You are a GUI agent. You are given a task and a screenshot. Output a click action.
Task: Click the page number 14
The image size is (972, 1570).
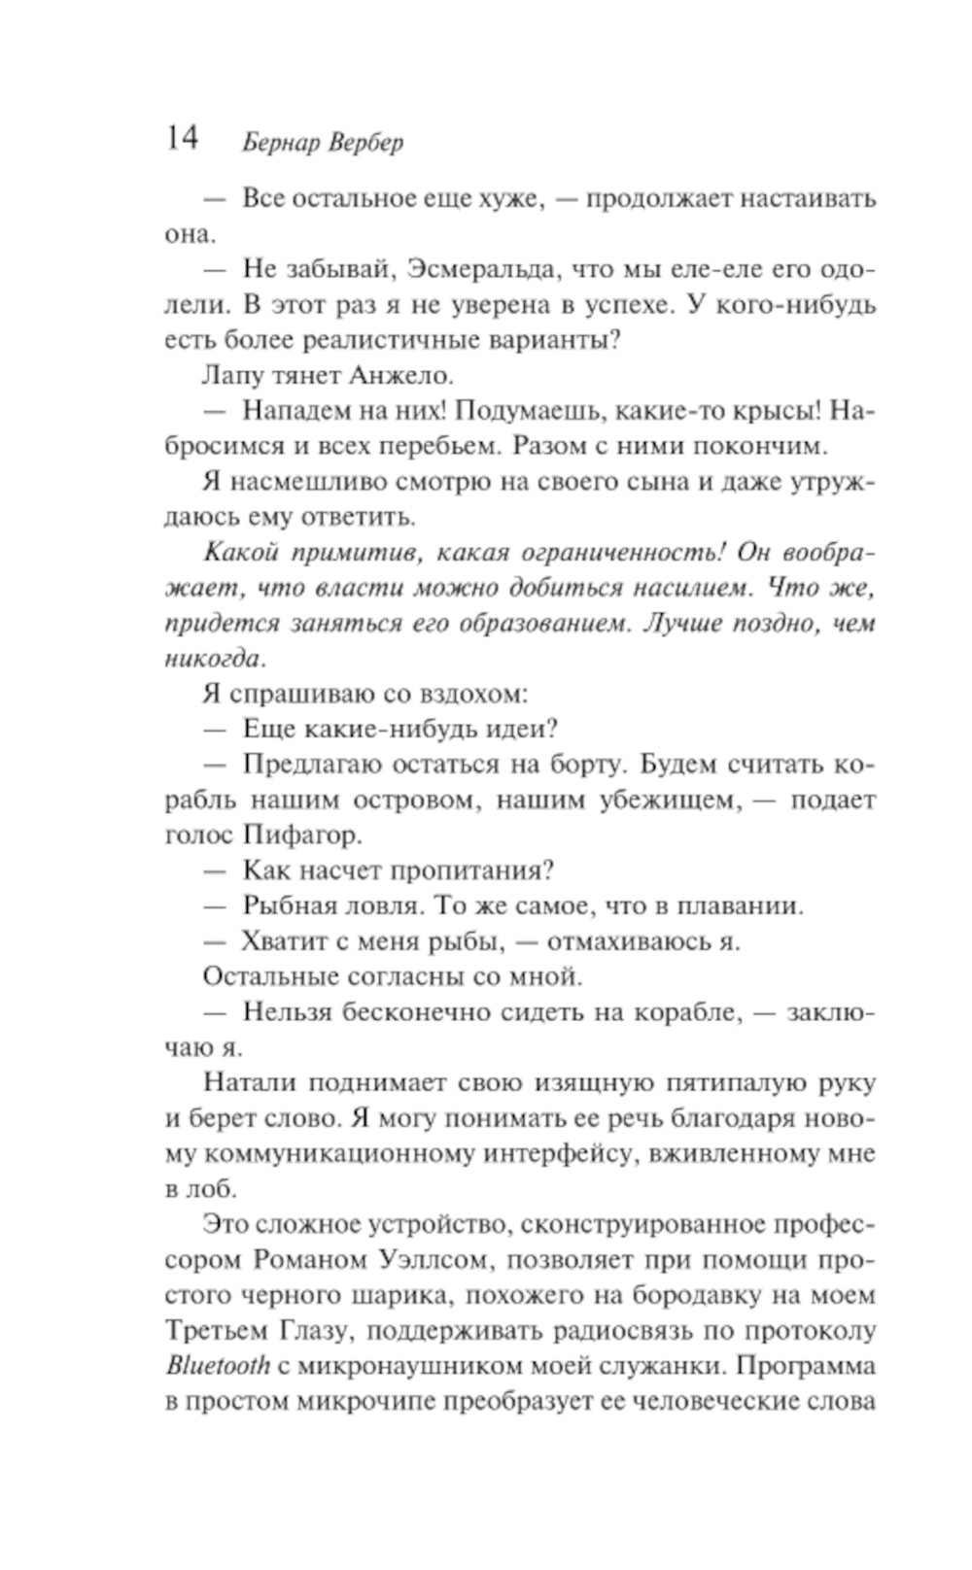pos(182,138)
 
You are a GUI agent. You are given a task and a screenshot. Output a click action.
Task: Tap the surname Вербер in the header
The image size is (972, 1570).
pos(365,143)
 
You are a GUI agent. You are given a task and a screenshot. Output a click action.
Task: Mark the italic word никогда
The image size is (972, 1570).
pos(213,659)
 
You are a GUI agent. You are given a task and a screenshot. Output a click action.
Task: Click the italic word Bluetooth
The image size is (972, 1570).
pos(217,1365)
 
